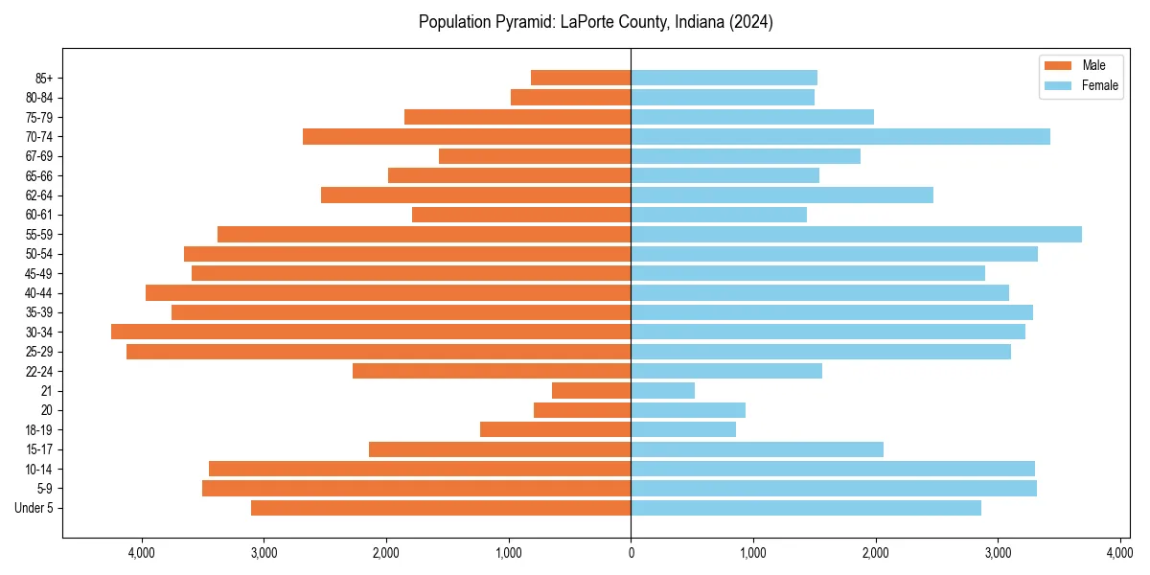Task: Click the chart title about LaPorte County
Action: point(595,22)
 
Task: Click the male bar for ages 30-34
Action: point(371,332)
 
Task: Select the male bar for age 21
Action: point(591,390)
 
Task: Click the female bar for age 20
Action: point(688,410)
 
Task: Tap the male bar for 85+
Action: point(581,78)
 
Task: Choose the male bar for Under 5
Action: point(441,508)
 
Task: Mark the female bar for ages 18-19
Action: point(683,429)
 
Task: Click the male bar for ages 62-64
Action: point(475,195)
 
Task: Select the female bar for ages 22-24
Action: point(726,371)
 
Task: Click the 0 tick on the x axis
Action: point(631,553)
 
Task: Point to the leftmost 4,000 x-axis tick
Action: point(142,553)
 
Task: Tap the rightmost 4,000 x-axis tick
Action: point(1119,553)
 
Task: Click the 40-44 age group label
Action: point(39,293)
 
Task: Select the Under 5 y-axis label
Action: point(34,508)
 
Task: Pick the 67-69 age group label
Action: point(39,156)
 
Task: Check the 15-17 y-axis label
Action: point(39,449)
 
